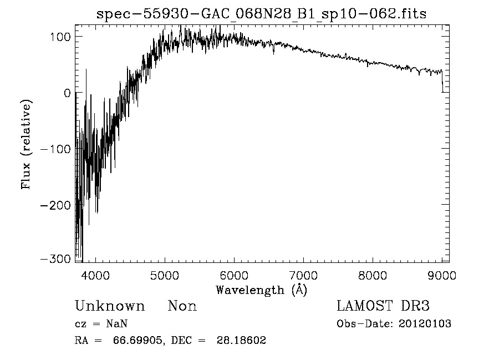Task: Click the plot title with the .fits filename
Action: point(262,14)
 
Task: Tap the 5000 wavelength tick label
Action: point(165,275)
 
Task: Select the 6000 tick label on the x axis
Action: point(234,275)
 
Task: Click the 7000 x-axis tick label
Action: point(303,275)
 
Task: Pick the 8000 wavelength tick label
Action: point(373,275)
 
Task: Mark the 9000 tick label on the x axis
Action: point(442,275)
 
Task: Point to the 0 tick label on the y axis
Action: point(67,93)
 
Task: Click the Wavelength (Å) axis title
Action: point(261,290)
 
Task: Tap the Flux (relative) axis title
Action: point(26,144)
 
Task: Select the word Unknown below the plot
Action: point(110,306)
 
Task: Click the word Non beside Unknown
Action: point(182,306)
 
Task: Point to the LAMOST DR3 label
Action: point(383,306)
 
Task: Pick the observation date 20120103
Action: point(425,324)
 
